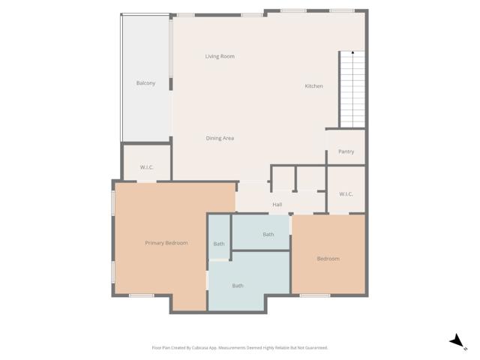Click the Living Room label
click(x=220, y=56)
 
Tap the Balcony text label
click(x=145, y=82)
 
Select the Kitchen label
click(x=313, y=86)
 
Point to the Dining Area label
click(x=220, y=138)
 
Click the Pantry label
click(x=346, y=151)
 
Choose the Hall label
click(x=277, y=204)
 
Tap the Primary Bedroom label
click(x=166, y=243)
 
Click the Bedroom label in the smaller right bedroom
click(x=328, y=259)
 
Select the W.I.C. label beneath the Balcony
click(x=147, y=167)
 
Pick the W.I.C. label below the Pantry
click(x=346, y=194)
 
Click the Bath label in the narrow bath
click(x=219, y=244)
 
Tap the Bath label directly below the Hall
click(x=268, y=235)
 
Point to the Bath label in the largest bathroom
click(x=237, y=286)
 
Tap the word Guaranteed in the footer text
click(x=316, y=348)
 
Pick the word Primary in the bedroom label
click(x=155, y=243)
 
